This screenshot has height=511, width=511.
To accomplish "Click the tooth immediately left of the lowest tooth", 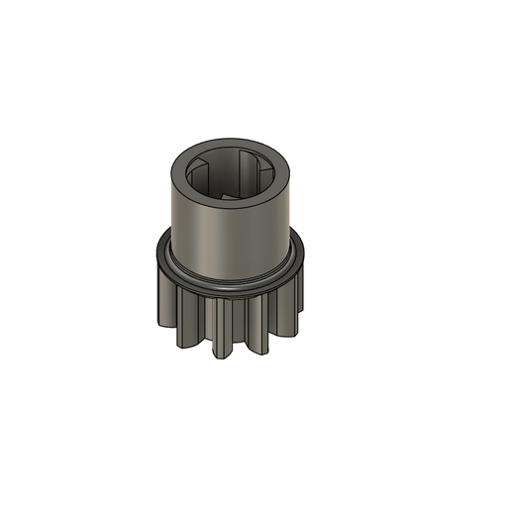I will [x=189, y=324].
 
